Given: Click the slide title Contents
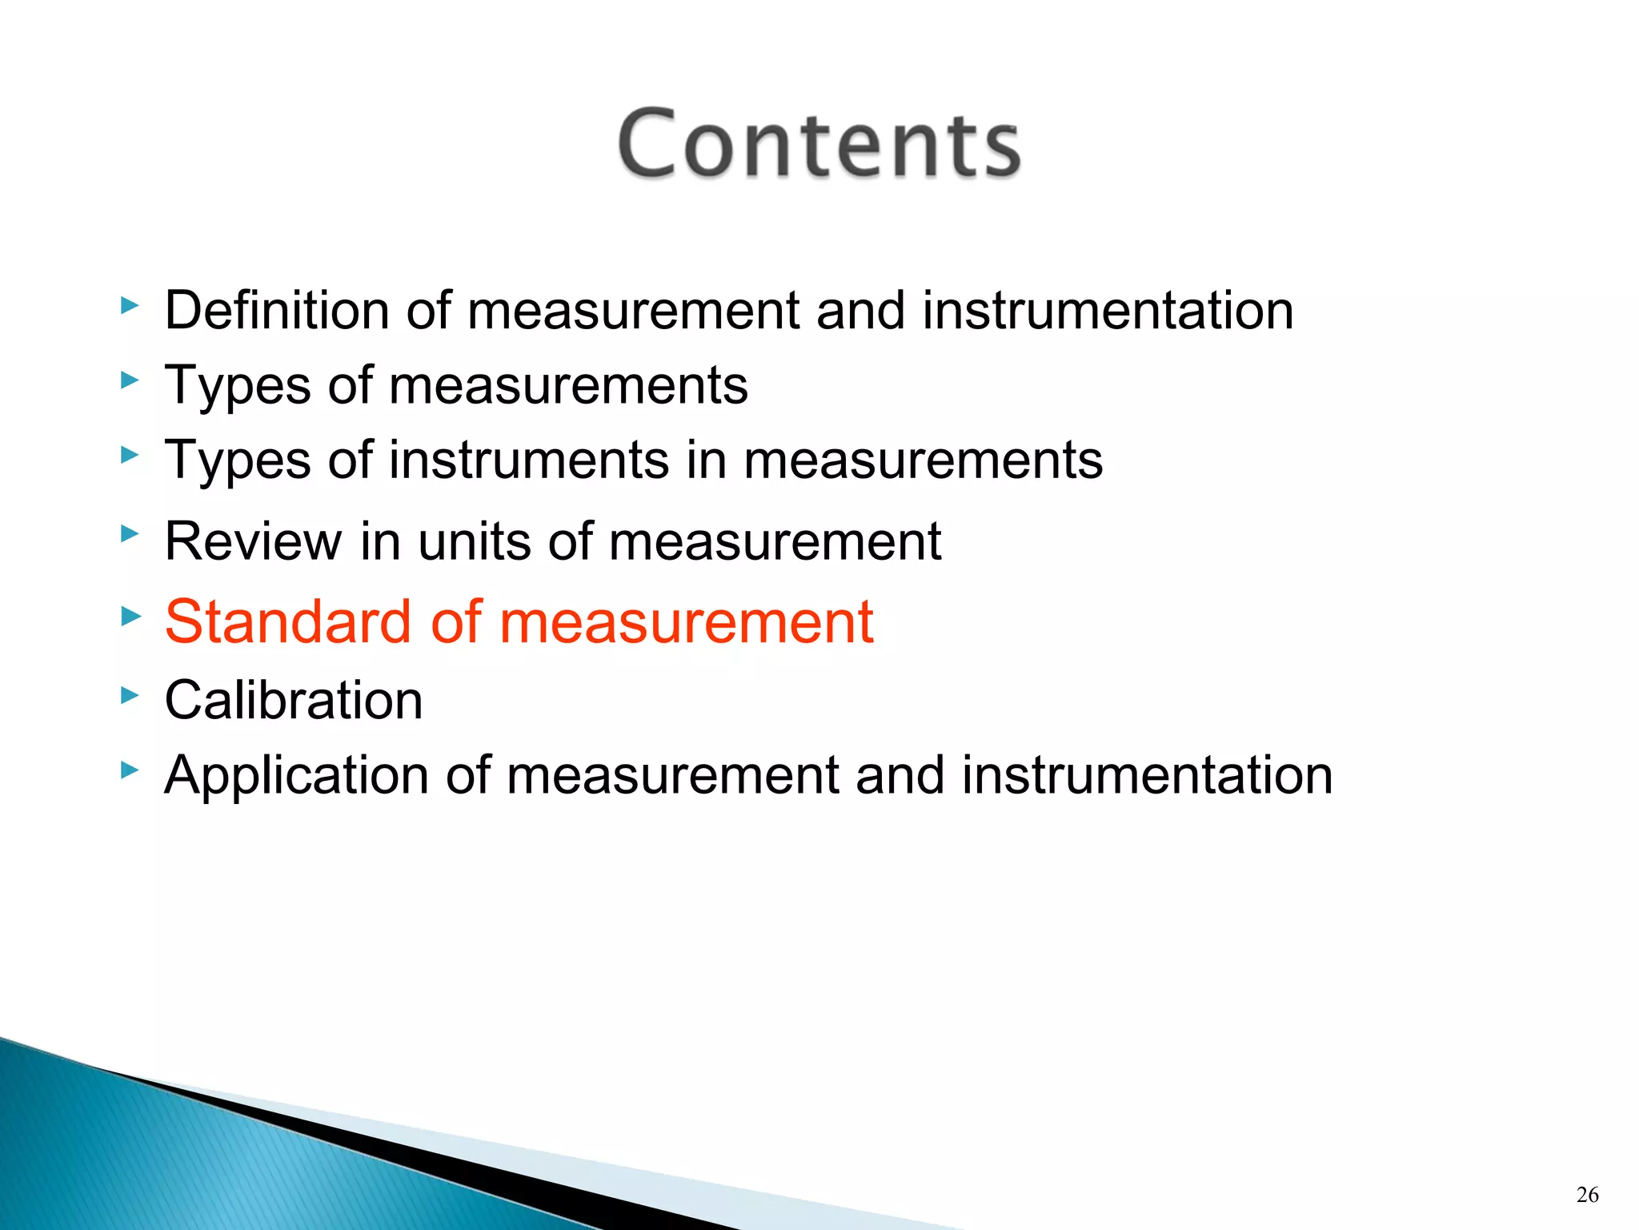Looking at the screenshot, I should point(819,144).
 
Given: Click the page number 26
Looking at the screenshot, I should point(1587,1195).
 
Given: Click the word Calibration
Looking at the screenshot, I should point(294,700).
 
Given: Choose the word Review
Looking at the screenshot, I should point(253,541).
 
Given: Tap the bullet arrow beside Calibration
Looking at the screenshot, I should point(129,695).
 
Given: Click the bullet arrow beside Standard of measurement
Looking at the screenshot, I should point(129,616).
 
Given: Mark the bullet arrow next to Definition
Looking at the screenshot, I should point(129,305).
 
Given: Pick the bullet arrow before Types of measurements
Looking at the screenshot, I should point(129,380).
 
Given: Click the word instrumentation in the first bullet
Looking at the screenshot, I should point(1107,310).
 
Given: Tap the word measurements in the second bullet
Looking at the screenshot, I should point(568,386).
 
